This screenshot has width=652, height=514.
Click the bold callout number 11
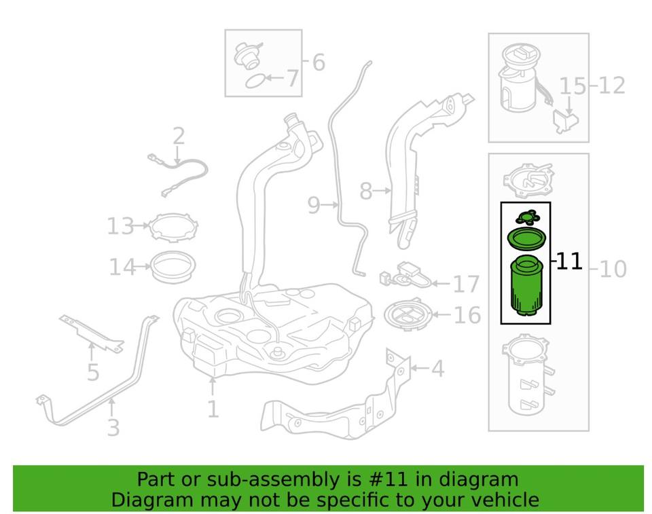(x=569, y=261)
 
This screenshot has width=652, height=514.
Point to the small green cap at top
(x=526, y=217)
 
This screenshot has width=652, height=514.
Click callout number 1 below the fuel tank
(x=213, y=409)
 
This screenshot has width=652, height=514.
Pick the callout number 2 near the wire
(x=179, y=136)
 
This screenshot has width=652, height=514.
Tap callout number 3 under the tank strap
(x=113, y=427)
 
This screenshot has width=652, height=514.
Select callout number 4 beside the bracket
(x=437, y=369)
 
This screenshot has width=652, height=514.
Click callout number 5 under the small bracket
(x=93, y=372)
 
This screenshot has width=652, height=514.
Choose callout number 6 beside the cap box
(x=318, y=62)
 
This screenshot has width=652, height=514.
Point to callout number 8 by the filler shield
(x=366, y=192)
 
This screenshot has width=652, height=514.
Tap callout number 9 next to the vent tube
(x=313, y=204)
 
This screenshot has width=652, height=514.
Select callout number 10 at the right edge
(x=613, y=270)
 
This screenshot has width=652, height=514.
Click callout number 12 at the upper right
(x=612, y=86)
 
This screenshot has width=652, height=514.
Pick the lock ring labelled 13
(x=169, y=227)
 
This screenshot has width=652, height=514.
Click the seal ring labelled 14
(x=168, y=266)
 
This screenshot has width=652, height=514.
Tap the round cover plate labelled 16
(x=408, y=315)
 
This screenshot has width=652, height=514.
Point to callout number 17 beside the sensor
(x=466, y=284)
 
